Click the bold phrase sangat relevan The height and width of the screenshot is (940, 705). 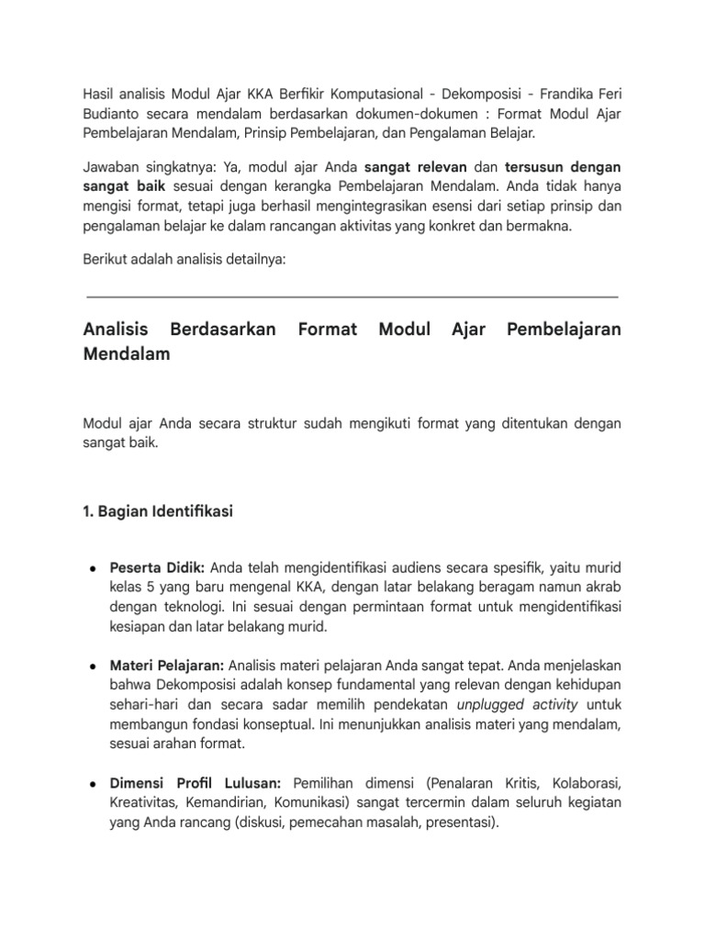pos(408,168)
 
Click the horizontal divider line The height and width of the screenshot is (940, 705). pos(352,297)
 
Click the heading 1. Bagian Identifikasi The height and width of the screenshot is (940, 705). pos(158,512)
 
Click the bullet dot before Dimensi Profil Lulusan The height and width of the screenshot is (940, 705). pos(95,783)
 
